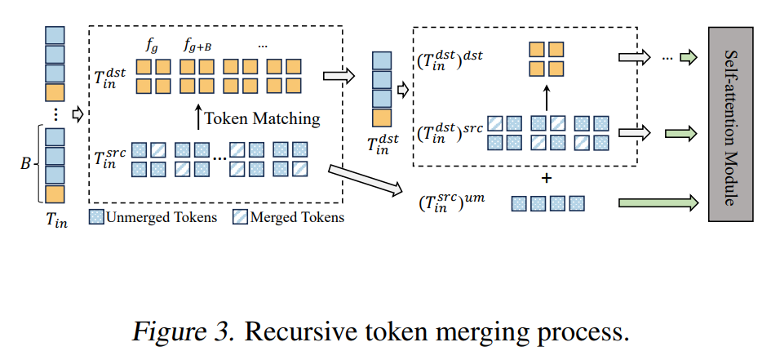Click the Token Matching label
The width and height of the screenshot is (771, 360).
click(262, 119)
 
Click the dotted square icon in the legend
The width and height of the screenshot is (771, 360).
click(97, 217)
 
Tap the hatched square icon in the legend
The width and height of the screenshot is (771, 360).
click(241, 217)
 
